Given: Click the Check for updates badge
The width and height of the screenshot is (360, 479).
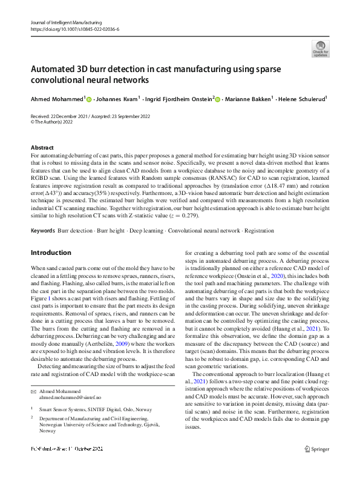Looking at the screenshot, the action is click(x=320, y=48).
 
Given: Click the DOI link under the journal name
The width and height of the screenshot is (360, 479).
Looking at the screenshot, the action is click(x=74, y=29).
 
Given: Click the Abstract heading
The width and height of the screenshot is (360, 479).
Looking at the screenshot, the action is click(x=43, y=148).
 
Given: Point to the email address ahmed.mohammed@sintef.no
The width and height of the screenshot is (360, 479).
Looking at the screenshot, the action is click(x=70, y=397).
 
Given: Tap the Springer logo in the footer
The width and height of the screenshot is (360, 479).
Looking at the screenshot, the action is click(x=316, y=466).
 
